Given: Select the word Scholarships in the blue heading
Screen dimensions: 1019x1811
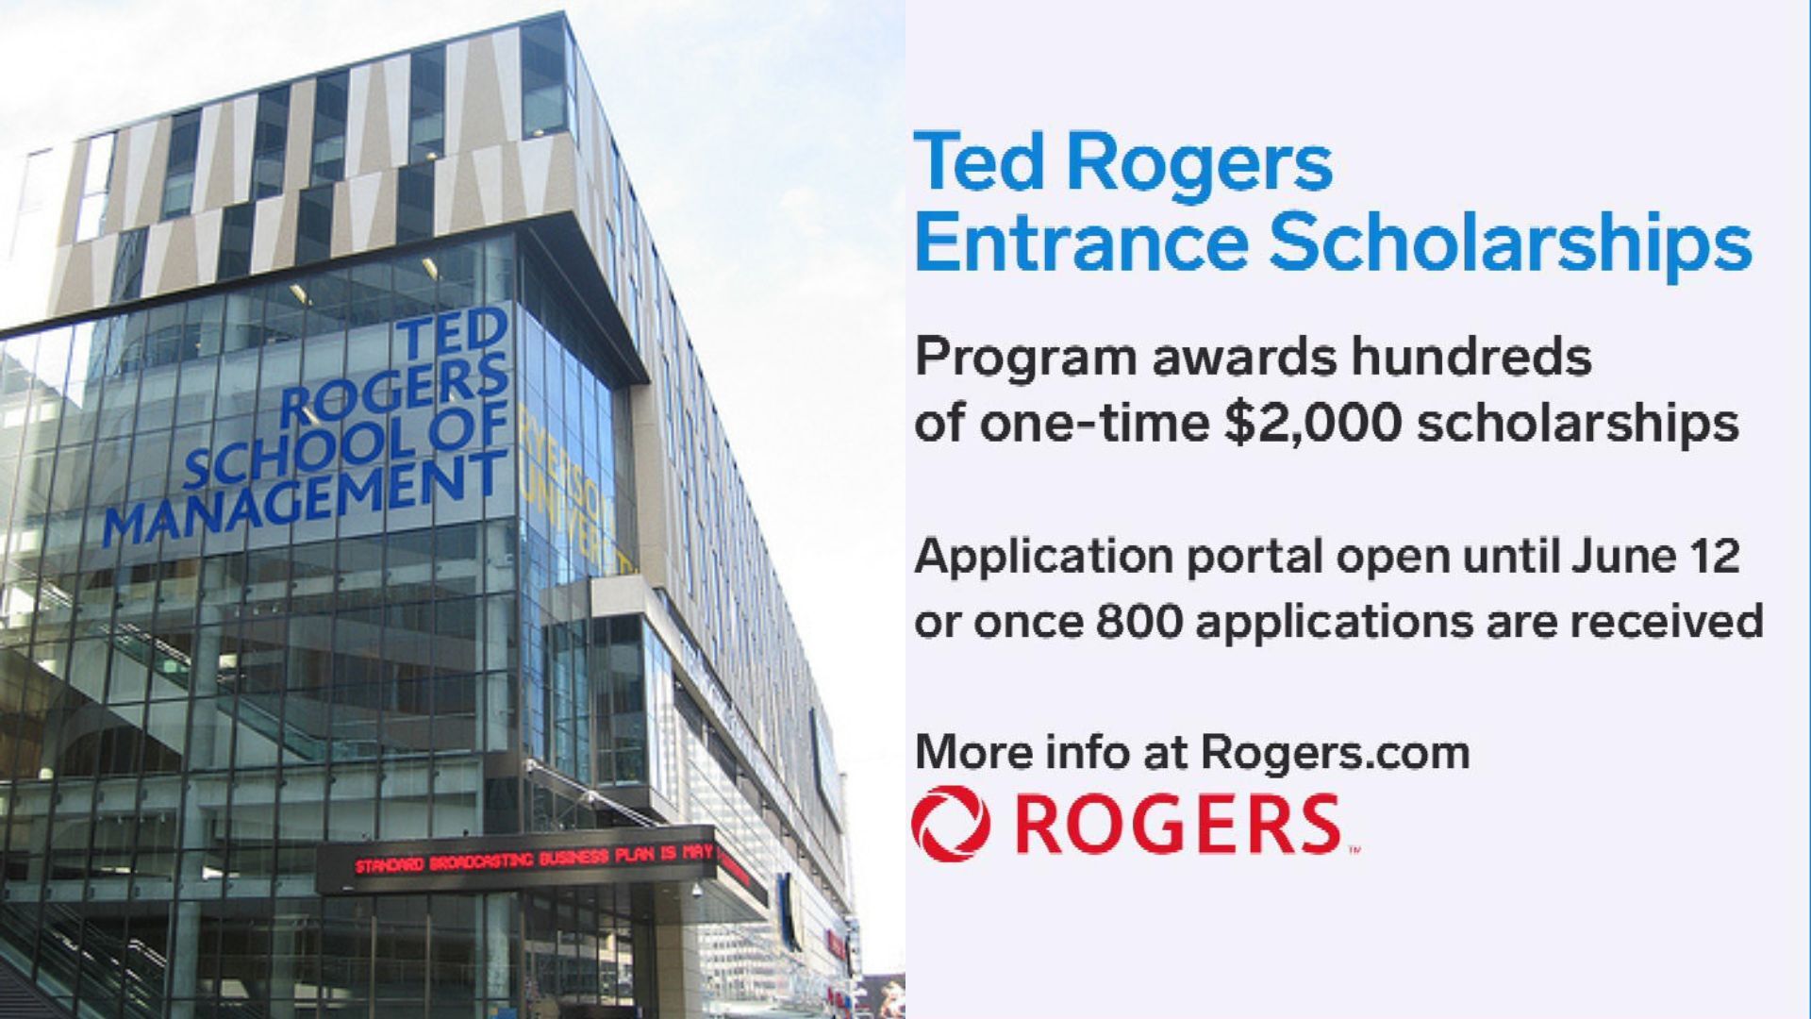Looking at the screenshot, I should (x=1510, y=243).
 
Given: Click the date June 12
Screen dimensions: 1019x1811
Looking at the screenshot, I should (x=1656, y=556).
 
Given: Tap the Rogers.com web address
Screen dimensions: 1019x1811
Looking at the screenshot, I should (x=1336, y=753).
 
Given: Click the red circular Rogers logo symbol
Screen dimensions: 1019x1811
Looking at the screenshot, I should (x=951, y=824).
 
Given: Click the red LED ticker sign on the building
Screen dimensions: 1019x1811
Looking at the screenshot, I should (x=534, y=860).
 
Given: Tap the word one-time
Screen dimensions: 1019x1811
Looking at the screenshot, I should (x=1095, y=424).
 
